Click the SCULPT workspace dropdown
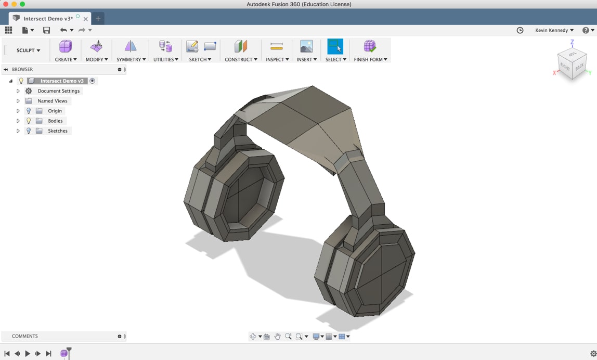coord(28,50)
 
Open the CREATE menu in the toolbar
coord(66,59)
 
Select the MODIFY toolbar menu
coord(96,59)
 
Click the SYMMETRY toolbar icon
coord(131,47)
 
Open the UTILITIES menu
coord(165,59)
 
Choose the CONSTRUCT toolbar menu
coord(241,59)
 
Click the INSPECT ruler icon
coord(277,47)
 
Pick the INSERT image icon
coord(306,47)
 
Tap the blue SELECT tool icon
coord(335,47)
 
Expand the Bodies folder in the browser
coord(18,121)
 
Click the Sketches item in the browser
coord(57,131)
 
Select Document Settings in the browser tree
coord(58,91)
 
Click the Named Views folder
coord(53,101)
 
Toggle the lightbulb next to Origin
coord(29,111)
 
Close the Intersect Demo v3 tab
coord(86,19)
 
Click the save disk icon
coord(46,31)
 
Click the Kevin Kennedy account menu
coord(554,31)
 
